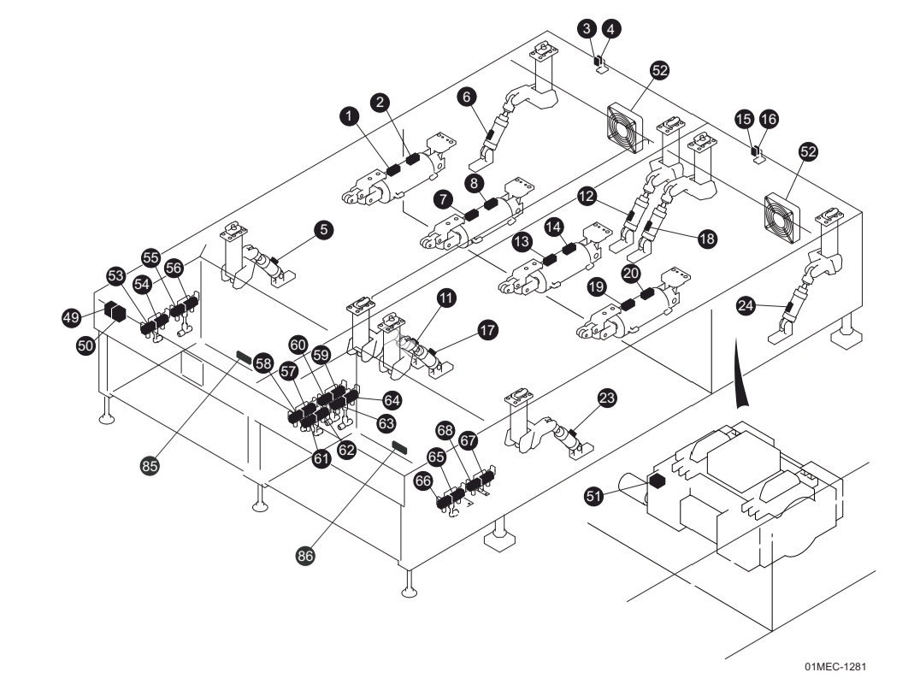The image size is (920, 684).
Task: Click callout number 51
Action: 593,496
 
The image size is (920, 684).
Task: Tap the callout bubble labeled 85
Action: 150,466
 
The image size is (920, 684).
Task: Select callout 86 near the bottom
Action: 305,555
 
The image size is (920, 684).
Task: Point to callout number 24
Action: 746,305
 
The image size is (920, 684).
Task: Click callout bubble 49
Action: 71,318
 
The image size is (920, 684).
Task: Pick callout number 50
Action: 86,345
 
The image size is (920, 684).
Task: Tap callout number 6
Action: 467,97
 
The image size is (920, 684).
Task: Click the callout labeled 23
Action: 607,398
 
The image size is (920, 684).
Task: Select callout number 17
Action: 487,330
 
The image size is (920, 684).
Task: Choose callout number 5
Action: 324,229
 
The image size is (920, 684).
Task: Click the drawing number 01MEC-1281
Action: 835,666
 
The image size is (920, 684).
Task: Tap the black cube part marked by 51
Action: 658,481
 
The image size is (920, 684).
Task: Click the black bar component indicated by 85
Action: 244,356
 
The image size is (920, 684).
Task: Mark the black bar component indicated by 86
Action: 399,446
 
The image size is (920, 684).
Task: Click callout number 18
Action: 708,239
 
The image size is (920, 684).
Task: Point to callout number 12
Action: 587,196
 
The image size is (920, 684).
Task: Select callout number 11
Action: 446,298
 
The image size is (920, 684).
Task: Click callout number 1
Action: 349,115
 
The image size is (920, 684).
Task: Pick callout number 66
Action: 422,481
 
